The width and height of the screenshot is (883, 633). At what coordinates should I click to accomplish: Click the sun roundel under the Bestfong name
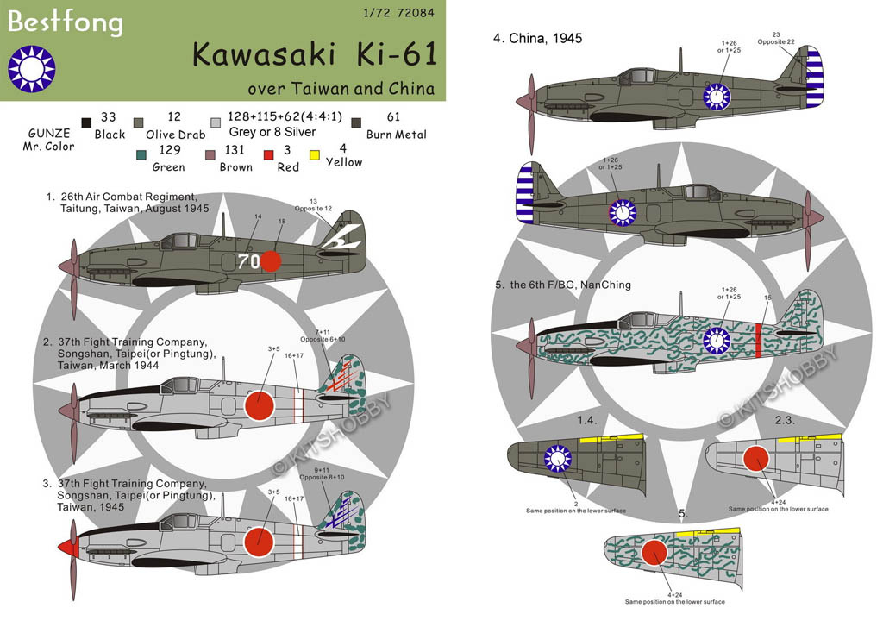click(32, 69)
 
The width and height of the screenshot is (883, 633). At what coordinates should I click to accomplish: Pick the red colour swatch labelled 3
click(269, 156)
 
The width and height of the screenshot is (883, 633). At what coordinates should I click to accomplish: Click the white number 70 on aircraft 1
click(248, 261)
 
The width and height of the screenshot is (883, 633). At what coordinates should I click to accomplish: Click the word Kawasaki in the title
click(248, 54)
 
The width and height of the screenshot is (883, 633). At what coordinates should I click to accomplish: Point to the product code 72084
click(416, 13)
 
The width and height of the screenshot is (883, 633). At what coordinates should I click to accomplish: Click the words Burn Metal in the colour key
click(396, 134)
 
